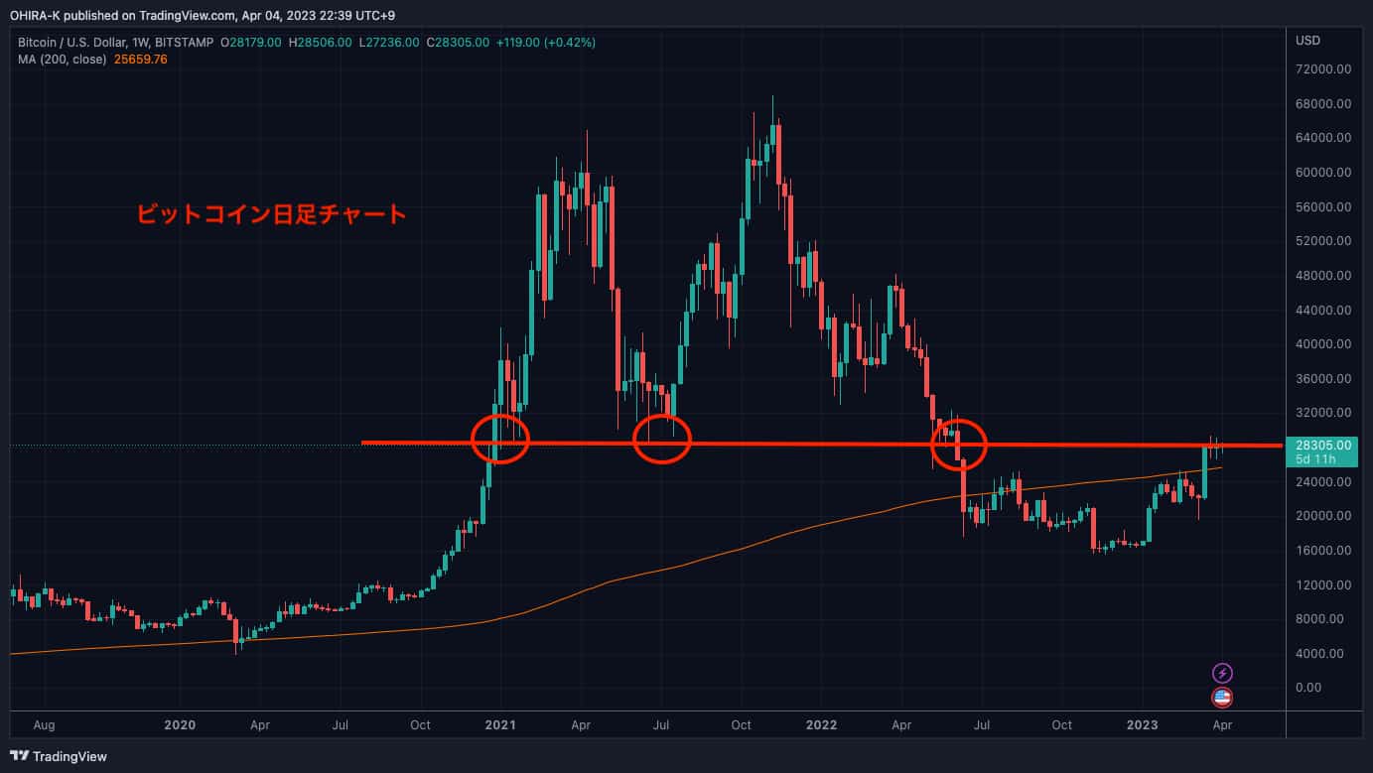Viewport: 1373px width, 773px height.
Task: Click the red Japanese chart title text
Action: click(x=271, y=213)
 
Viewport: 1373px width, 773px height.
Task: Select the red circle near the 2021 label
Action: click(x=500, y=438)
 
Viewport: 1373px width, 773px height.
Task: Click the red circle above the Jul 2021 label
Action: click(x=661, y=438)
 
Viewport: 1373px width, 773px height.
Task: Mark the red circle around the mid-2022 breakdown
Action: click(x=959, y=444)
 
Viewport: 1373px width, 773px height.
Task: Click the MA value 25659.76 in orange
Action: click(x=141, y=59)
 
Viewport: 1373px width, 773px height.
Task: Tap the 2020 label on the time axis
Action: click(x=180, y=725)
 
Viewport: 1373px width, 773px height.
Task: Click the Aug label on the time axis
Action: click(x=44, y=725)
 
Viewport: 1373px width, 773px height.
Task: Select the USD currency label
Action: click(x=1307, y=41)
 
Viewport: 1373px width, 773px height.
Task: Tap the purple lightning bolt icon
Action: click(x=1223, y=673)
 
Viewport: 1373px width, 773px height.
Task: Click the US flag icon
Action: click(x=1223, y=698)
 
